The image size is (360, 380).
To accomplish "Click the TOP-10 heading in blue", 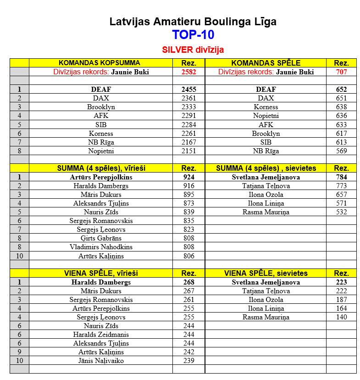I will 193,35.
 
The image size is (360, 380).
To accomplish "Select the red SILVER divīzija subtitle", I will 193,50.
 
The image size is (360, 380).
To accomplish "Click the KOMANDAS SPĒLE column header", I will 266,63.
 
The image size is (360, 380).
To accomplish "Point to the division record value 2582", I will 188,72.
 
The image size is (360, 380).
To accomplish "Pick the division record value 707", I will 341,72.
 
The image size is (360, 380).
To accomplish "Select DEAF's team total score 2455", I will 188,89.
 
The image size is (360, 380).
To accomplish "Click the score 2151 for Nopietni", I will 188,151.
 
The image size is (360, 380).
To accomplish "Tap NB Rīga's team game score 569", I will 341,151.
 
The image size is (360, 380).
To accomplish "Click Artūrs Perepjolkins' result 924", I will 188,177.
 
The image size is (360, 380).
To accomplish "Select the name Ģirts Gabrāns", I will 101,238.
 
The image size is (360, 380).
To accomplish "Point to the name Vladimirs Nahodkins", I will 101,247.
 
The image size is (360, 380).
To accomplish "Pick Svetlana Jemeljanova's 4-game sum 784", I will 341,177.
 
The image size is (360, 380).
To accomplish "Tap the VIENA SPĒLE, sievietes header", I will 266,274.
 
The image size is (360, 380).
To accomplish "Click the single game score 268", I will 188,282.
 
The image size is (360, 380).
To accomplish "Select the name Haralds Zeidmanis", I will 101,335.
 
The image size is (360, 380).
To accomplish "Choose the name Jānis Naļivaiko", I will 101,361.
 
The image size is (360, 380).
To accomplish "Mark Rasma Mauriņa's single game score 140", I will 341,317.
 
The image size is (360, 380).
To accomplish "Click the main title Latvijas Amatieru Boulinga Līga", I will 193,22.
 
